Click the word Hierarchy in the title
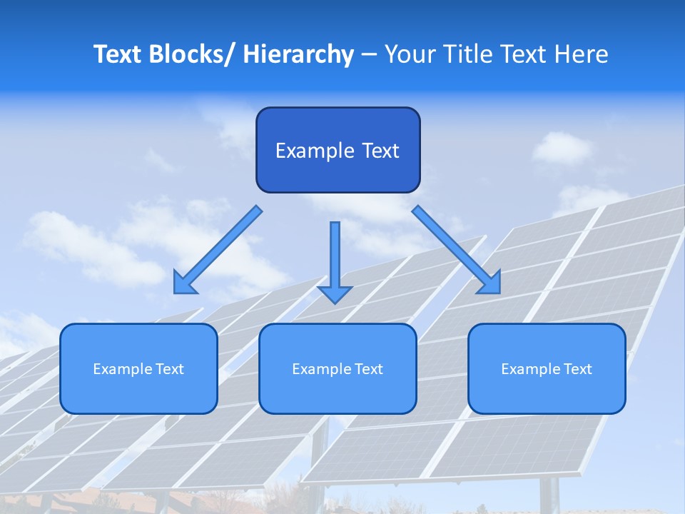click(x=298, y=55)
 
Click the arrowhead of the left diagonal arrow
click(x=183, y=285)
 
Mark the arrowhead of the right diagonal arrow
click(x=492, y=285)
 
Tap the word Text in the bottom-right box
click(x=577, y=369)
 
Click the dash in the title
click(x=369, y=55)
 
